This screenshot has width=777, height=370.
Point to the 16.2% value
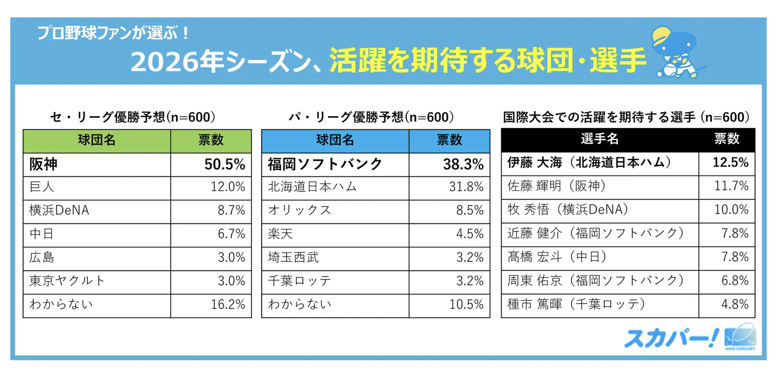point(228,305)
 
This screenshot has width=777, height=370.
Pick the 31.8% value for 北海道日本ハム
point(467,187)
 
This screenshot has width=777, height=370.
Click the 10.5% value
point(467,305)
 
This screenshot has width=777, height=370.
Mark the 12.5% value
point(731,163)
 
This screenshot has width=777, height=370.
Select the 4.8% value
point(735,305)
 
